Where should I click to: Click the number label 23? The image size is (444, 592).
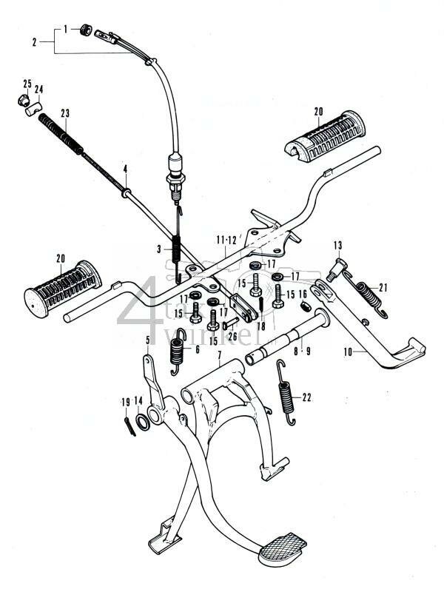(x=65, y=113)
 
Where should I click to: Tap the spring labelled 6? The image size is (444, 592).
(x=176, y=351)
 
